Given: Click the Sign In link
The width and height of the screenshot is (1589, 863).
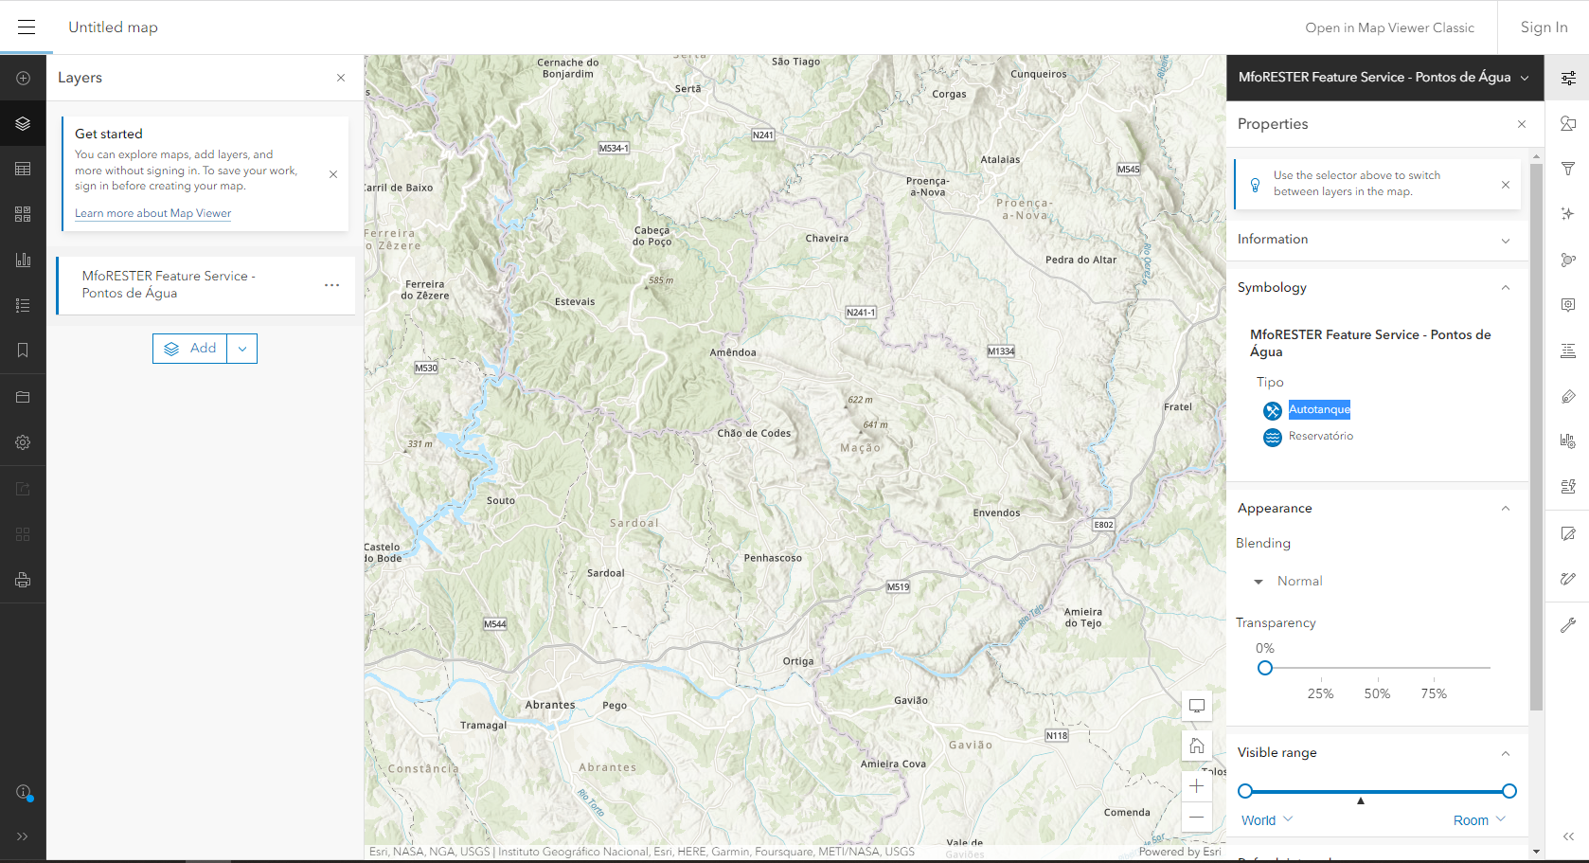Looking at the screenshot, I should coord(1544,27).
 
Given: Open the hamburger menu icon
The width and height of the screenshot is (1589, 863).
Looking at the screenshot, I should coord(27,27).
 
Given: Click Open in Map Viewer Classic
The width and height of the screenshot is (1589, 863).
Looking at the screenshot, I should coord(1389,27).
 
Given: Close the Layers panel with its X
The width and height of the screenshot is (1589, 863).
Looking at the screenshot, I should coord(341,78).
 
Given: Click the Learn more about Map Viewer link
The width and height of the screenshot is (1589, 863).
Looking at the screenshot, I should coord(152,213).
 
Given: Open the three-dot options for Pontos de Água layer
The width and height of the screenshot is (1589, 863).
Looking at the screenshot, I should coord(331,285).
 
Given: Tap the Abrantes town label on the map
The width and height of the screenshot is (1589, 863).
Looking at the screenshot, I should coord(550,705).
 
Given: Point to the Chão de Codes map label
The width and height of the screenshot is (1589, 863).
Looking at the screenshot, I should coord(754,433).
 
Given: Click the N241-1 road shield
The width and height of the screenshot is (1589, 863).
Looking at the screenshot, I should coord(861,312).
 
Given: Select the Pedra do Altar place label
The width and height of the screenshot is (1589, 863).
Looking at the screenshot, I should coord(1080,260).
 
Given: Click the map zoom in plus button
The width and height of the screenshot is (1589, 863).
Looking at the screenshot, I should coord(1197,785).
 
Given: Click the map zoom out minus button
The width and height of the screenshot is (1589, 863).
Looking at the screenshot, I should coord(1197,817).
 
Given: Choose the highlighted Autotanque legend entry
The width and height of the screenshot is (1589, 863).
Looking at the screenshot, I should coord(1319,409).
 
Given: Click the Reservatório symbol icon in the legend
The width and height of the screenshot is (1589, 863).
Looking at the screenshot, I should coord(1273,437).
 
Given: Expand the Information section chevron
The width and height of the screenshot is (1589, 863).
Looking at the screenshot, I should coord(1506,240).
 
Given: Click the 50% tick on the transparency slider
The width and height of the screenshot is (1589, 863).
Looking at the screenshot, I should coord(1377,678).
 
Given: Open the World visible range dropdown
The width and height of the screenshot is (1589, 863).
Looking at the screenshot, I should coord(1266,820).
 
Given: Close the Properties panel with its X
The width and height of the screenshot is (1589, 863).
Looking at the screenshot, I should coord(1522,124).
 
